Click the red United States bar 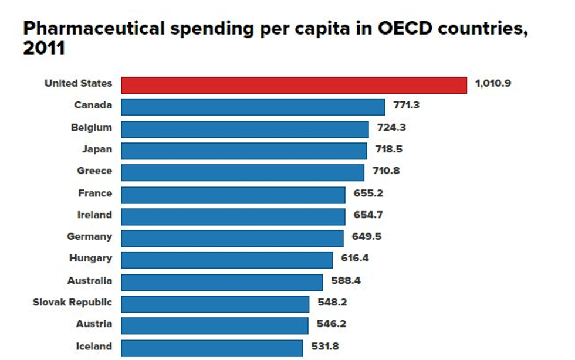294,85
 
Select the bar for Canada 253,107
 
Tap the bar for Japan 244,150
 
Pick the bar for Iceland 212,347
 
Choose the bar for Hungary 227,259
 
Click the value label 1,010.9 493,83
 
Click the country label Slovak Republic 72,303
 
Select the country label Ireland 94,215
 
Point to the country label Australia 89,281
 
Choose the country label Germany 89,237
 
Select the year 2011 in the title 44,49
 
